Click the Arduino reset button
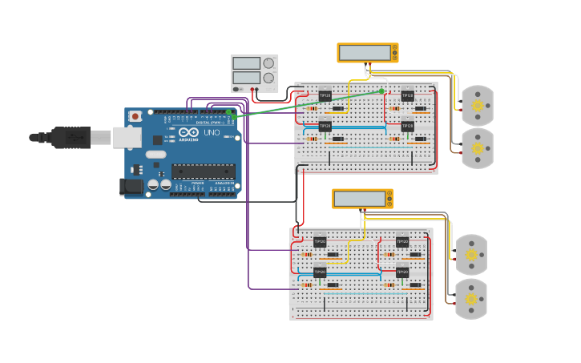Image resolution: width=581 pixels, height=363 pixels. [x=135, y=116]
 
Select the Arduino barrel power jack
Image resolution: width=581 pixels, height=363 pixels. [x=132, y=187]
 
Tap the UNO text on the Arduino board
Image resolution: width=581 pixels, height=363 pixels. [x=212, y=132]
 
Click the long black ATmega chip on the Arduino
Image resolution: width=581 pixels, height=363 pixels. [x=203, y=170]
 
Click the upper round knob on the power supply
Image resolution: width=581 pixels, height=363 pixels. [x=268, y=63]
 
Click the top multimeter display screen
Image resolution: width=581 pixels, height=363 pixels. [x=365, y=53]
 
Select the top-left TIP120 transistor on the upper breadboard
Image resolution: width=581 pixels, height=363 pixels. [x=325, y=95]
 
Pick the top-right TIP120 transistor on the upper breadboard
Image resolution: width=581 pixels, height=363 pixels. [x=407, y=95]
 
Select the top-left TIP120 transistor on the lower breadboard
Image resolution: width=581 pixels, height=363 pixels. [x=320, y=240]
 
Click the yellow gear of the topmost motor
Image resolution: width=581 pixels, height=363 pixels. [x=478, y=105]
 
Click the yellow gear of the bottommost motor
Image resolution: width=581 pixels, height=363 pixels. [x=471, y=299]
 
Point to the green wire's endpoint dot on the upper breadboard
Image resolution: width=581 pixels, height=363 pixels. [x=381, y=91]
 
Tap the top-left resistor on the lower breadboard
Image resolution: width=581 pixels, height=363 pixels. [x=307, y=254]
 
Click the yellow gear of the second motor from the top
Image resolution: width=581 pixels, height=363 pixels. [x=478, y=148]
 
